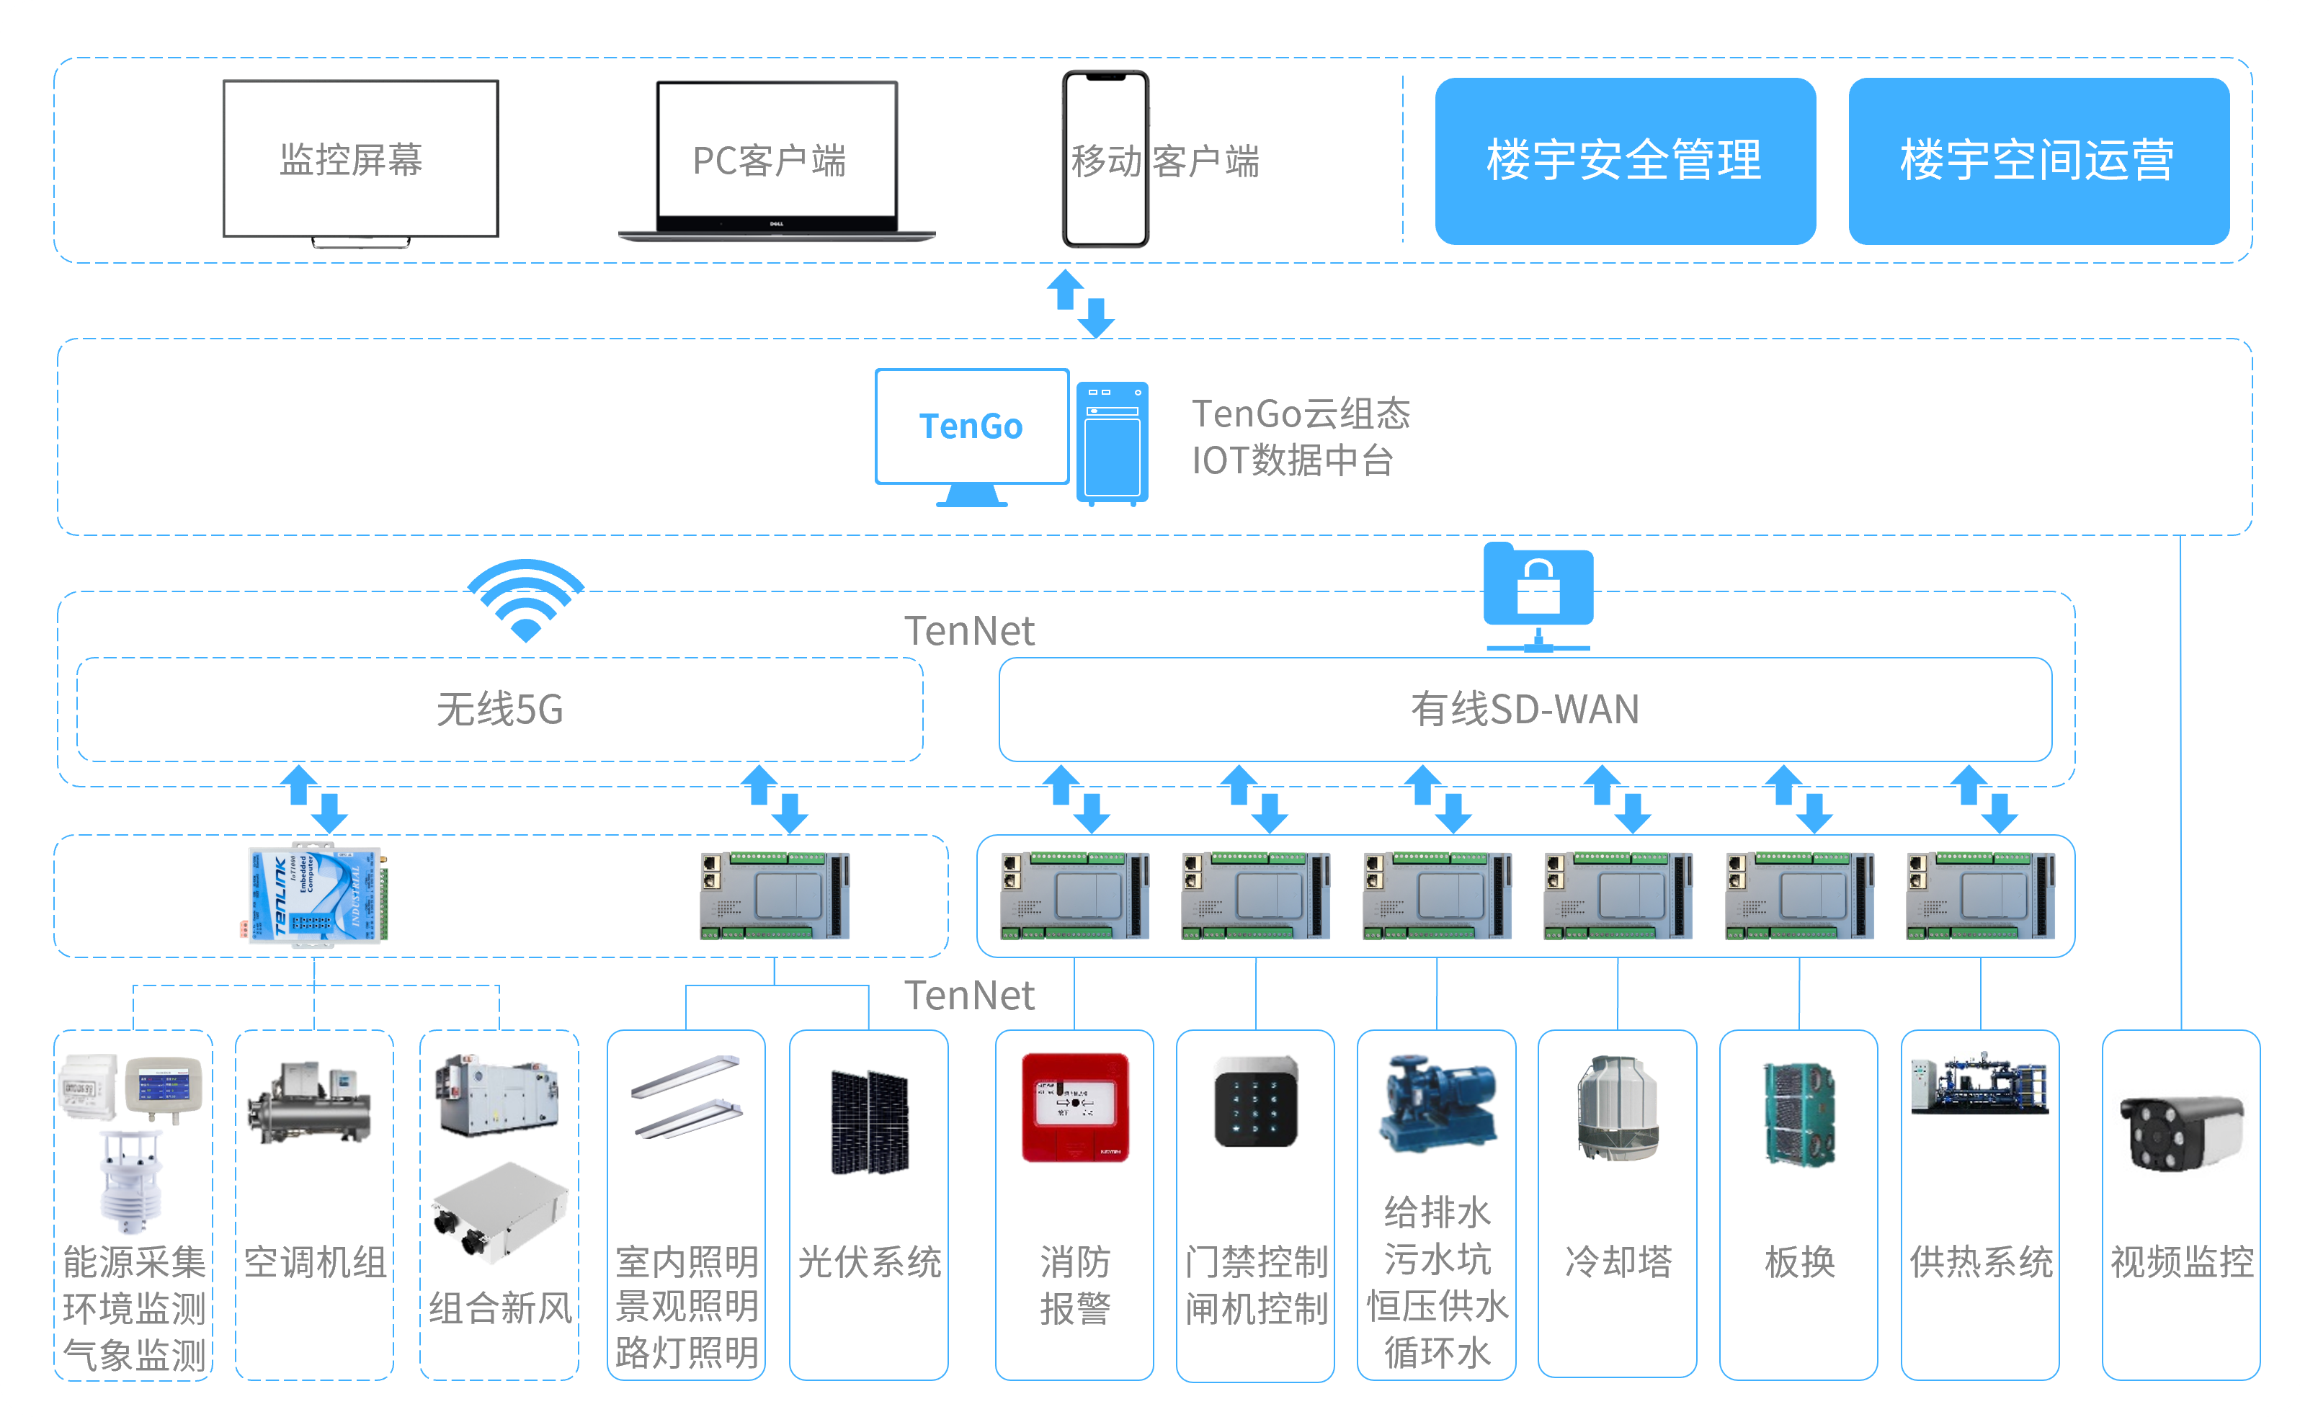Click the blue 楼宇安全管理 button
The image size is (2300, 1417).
1624,160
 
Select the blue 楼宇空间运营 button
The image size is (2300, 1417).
2038,160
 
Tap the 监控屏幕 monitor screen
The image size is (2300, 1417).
361,158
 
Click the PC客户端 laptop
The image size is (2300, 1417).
776,160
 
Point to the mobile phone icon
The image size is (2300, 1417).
1105,159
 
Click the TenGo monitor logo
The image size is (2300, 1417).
971,426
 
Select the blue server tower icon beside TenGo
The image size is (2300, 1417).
1113,442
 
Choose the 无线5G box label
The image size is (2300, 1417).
499,710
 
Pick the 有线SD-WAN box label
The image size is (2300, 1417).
1525,710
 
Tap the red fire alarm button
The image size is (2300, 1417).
1075,1107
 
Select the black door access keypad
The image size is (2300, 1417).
1255,1102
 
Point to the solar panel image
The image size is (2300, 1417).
869,1122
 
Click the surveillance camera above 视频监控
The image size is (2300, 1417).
2180,1133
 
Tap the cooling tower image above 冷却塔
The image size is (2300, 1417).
1618,1107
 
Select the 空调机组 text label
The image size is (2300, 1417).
315,1262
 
